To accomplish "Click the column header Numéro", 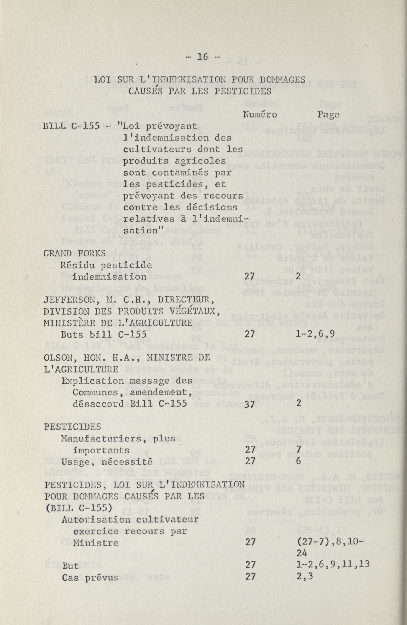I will click(x=260, y=114).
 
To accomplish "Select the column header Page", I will click(x=328, y=114).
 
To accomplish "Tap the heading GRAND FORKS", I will click(x=74, y=254).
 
